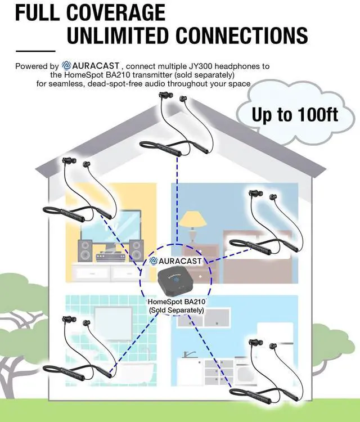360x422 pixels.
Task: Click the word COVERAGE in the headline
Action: tap(116, 12)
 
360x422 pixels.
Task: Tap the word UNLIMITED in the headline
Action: tap(118, 35)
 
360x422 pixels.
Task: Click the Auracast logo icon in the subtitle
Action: tap(66, 65)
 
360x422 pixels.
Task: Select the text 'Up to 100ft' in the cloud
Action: tap(295, 115)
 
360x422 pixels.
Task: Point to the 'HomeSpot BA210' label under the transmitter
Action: tap(177, 302)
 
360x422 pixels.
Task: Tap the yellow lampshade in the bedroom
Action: tap(192, 219)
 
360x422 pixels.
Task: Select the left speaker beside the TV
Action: tap(85, 250)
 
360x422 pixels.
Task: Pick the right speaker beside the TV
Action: tap(136, 250)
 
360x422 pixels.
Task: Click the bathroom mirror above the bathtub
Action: tap(113, 324)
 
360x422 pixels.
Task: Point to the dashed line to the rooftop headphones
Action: tap(177, 200)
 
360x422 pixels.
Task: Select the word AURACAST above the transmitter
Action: tap(180, 261)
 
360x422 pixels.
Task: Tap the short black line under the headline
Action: tap(35, 51)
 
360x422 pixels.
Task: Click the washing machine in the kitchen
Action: tap(245, 371)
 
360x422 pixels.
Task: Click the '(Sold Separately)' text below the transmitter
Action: tap(177, 310)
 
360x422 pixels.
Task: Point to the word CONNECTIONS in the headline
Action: tap(242, 35)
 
